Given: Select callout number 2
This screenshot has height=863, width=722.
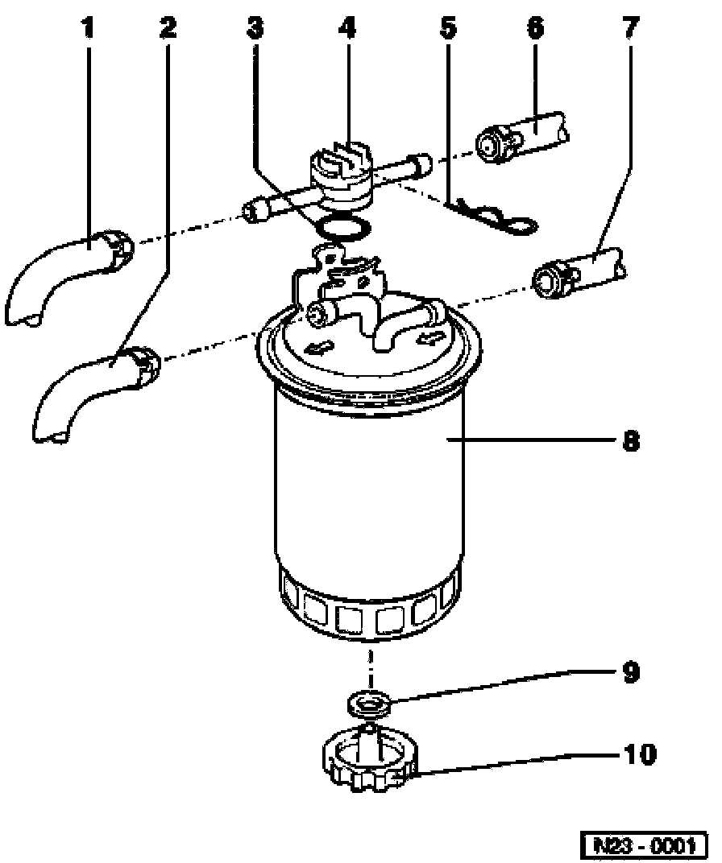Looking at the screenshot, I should (168, 30).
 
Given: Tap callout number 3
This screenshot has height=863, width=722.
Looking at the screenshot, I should (255, 30).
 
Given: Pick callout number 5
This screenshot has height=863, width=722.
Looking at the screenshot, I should (447, 30).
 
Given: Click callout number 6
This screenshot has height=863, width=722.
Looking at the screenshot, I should (535, 30).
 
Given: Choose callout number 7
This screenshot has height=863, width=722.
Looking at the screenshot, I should (630, 30).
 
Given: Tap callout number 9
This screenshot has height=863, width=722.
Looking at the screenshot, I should (631, 671).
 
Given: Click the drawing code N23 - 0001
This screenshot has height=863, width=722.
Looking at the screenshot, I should (644, 845).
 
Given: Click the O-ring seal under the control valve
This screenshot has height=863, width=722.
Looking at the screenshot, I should (342, 229).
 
